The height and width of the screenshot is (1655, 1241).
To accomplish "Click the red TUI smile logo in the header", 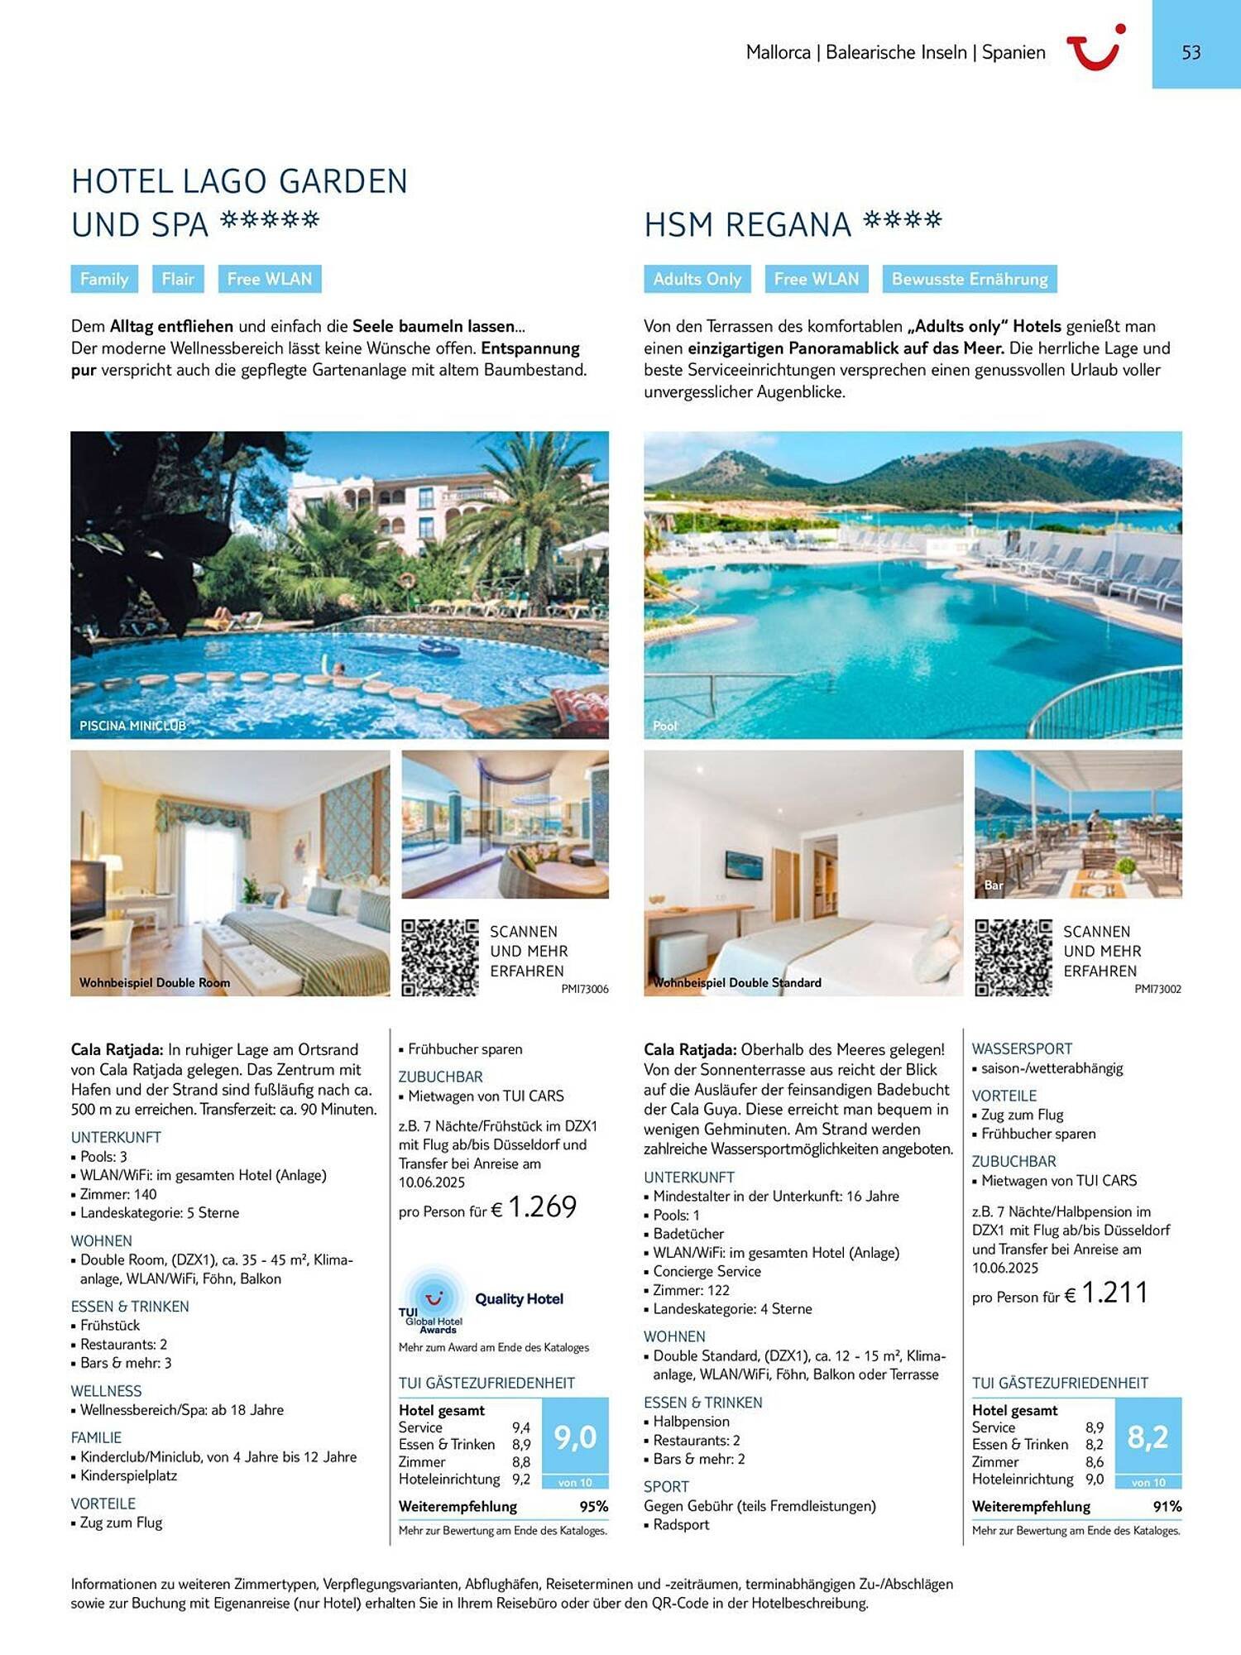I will coord(1095,48).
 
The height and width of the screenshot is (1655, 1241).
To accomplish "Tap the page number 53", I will coord(1191,53).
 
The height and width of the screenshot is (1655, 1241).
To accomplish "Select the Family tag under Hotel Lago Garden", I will coord(104,279).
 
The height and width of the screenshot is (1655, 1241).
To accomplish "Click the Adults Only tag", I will coord(697,279).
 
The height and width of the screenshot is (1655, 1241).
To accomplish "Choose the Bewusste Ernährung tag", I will coord(969,279).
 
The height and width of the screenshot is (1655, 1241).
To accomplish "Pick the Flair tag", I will coord(178,279).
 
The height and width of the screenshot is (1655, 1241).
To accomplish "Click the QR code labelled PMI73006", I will coord(440,957).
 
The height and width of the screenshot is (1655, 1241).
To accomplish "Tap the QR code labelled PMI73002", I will coord(1013,957).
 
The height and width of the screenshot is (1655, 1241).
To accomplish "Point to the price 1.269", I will coord(542,1207).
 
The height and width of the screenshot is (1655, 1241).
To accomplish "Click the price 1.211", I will coord(1114,1293).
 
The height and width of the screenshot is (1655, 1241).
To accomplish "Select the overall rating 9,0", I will coord(575,1437).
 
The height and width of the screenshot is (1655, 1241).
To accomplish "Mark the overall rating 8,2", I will coord(1148,1437).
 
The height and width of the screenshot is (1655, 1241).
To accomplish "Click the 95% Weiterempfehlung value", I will coord(593,1507).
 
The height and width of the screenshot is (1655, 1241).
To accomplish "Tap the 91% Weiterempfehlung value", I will coord(1167,1507).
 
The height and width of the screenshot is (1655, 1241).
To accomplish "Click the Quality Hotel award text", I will coord(519,1299).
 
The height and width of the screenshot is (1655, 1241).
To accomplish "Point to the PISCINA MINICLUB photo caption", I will coord(132,726).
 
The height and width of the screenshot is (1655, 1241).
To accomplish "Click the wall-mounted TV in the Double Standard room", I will coord(745,865).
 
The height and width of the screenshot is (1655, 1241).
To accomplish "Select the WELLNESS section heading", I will coord(106,1391).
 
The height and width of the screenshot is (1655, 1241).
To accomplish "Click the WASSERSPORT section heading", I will coord(1022,1048).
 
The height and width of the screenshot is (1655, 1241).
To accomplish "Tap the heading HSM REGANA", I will coord(747,225).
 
